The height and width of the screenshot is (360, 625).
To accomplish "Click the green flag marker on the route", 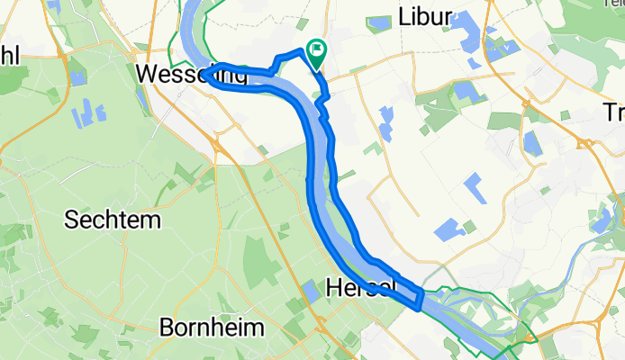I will click(x=317, y=51).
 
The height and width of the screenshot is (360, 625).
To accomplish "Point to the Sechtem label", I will click(x=112, y=220).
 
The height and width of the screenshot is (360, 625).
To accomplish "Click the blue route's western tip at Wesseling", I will click(x=207, y=74).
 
